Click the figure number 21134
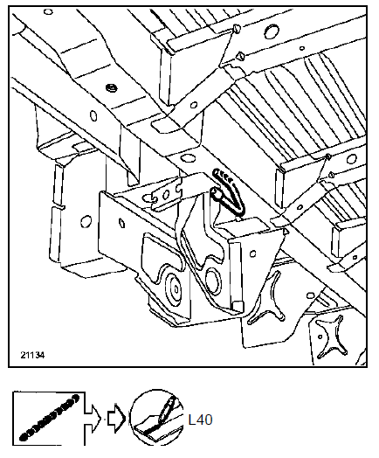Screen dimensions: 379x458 click(x=32, y=355)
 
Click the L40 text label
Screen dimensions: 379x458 click(x=201, y=420)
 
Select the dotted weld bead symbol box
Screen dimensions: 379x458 click(x=49, y=419)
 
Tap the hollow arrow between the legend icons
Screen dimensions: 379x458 click(x=116, y=419)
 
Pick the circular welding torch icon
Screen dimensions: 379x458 click(x=156, y=418)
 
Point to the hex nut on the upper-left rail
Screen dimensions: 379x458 click(x=111, y=87)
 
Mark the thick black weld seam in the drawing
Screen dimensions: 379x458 click(x=228, y=193)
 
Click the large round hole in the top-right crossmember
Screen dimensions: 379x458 click(x=272, y=31)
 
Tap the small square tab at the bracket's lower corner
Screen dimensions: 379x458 click(x=238, y=306)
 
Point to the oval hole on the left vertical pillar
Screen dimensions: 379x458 click(x=86, y=221)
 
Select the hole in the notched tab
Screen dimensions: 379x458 click(x=166, y=195)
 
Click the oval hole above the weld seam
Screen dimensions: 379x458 click(x=186, y=159)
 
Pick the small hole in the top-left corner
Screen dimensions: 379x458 click(x=48, y=11)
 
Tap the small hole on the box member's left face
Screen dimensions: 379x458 click(x=123, y=223)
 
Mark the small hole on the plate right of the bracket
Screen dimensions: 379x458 click(x=253, y=253)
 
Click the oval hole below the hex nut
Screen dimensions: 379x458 click(x=93, y=115)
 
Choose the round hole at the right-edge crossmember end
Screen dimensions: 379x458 click(x=351, y=159)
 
